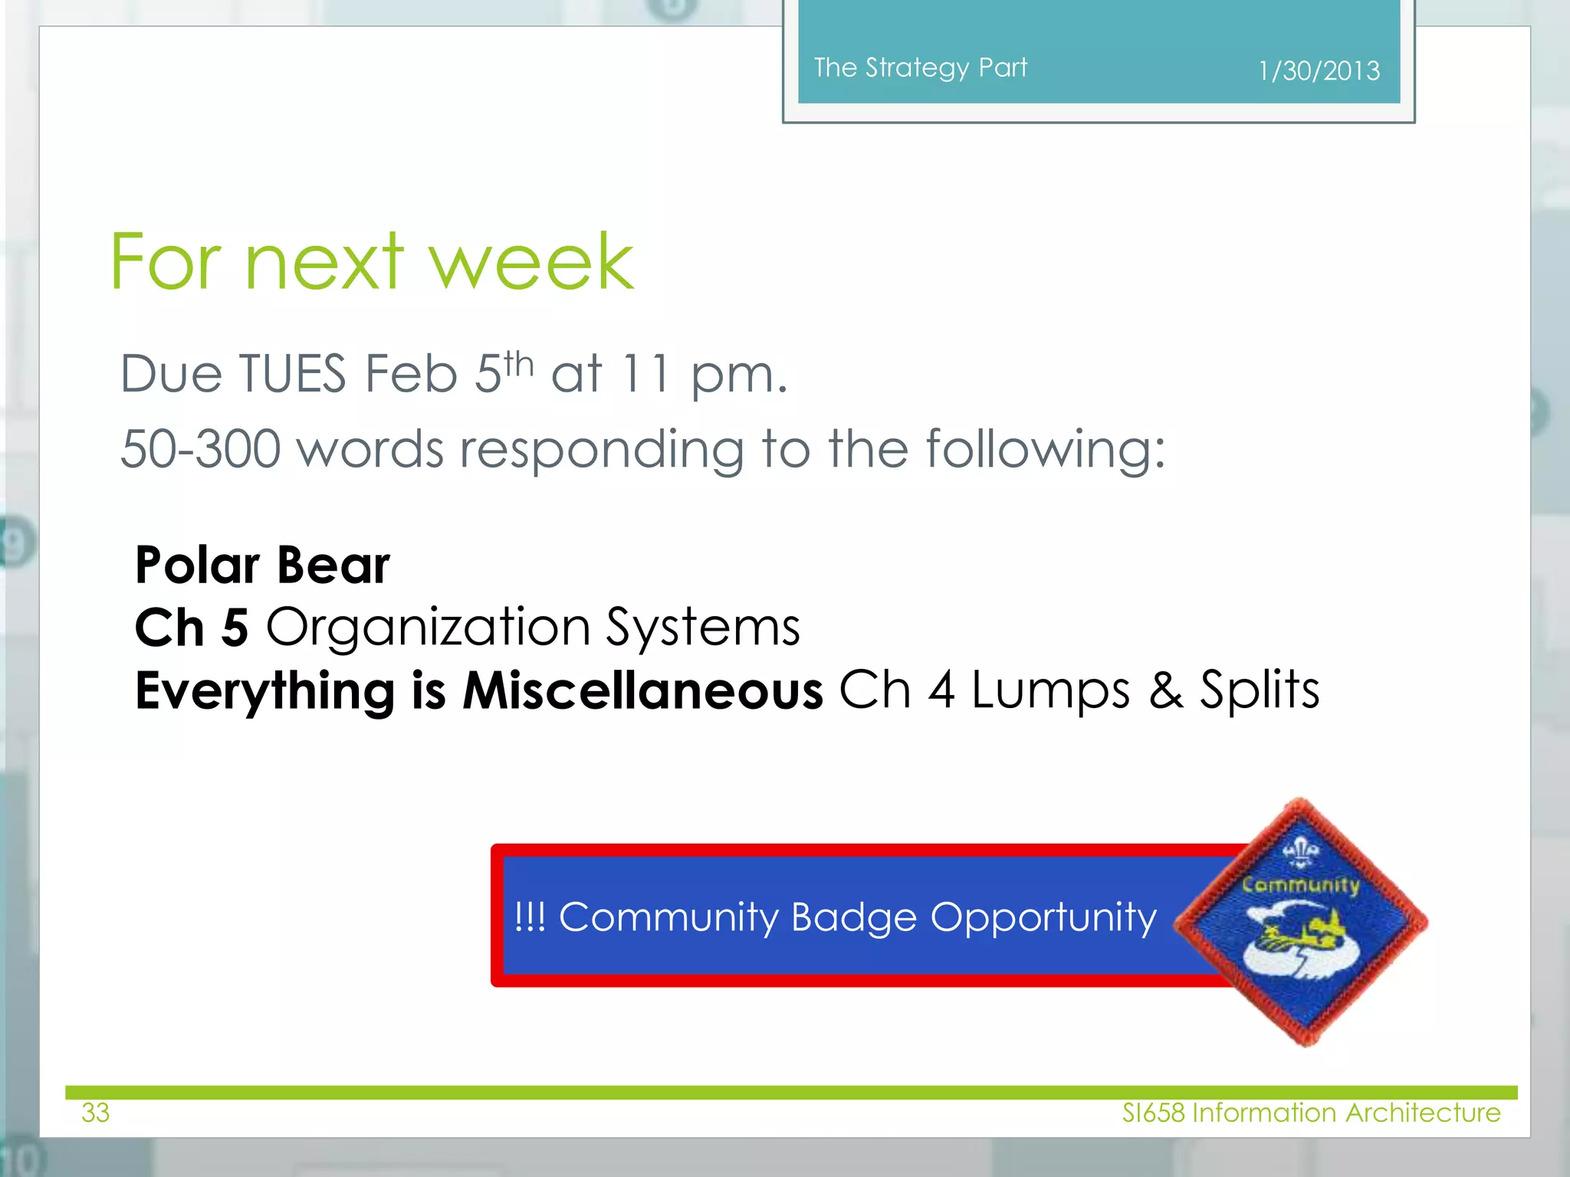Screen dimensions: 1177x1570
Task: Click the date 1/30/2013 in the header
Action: click(1319, 71)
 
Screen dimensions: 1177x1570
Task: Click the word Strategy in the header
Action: click(917, 68)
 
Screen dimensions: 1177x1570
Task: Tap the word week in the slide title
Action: click(530, 262)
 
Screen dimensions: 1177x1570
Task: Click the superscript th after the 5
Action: click(519, 363)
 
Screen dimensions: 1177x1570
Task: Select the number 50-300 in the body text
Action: click(200, 448)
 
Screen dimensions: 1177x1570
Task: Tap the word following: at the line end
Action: click(1046, 450)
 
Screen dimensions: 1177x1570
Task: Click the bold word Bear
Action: click(333, 566)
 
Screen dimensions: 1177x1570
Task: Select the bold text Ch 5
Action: click(192, 628)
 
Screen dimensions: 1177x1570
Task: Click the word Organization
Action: click(428, 628)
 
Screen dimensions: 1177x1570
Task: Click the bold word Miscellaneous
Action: click(642, 690)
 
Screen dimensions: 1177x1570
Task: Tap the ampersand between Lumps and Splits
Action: click(1165, 690)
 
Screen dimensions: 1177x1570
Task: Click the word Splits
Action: click(1259, 690)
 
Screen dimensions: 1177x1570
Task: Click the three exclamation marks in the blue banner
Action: click(530, 917)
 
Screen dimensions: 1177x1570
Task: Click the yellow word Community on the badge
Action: click(1300, 884)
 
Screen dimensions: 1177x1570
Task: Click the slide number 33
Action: click(96, 1113)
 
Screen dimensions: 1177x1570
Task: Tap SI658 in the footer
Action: click(1153, 1113)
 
